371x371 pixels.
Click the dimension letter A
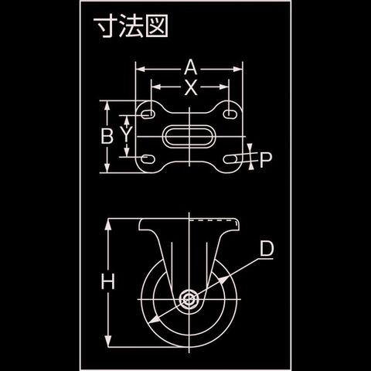[191, 67]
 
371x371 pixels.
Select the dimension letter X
[191, 87]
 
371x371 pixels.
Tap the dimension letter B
[107, 136]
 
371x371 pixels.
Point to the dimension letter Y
[126, 134]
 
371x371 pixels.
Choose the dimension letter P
[266, 160]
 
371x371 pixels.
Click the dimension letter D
[267, 249]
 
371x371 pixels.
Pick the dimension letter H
[108, 281]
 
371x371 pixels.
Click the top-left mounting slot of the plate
[148, 114]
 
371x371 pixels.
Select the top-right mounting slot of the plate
[230, 114]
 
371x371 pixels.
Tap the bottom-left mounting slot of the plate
[148, 158]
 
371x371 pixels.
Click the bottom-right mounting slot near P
[230, 159]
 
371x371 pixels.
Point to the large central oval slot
[189, 137]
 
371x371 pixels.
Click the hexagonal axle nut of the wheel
[189, 299]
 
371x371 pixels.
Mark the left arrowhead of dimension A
[140, 69]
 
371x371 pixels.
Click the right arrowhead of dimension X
[224, 87]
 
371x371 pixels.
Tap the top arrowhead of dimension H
[108, 224]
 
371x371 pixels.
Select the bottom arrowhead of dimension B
[107, 168]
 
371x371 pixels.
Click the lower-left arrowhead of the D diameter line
[155, 320]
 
